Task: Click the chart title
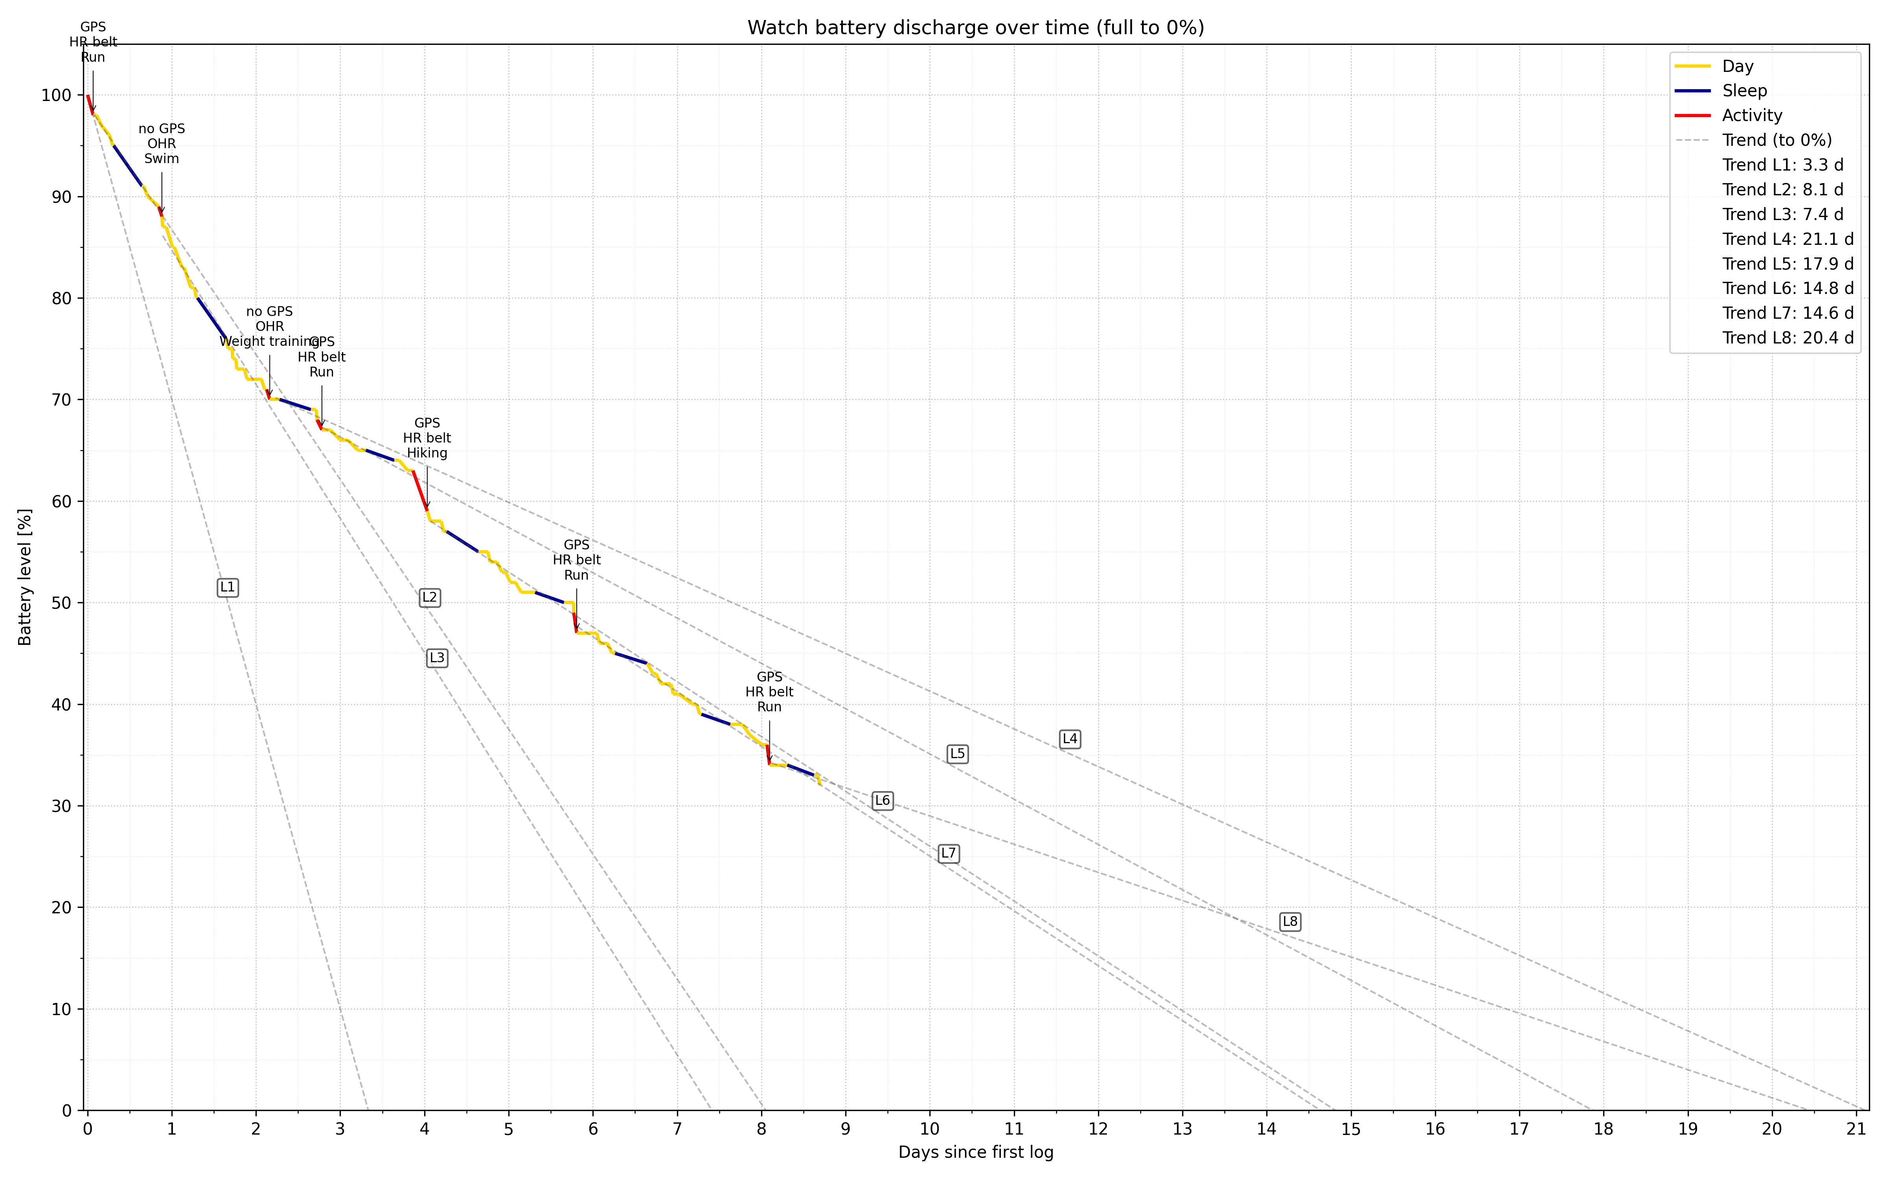pos(975,28)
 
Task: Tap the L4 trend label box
pos(1070,738)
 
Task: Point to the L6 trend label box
pos(882,800)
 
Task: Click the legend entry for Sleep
pos(1744,90)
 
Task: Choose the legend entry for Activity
pos(1752,116)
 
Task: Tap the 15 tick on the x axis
pos(1350,1128)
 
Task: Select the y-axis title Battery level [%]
pos(25,577)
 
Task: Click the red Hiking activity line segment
pos(419,491)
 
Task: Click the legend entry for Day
pos(1737,66)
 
